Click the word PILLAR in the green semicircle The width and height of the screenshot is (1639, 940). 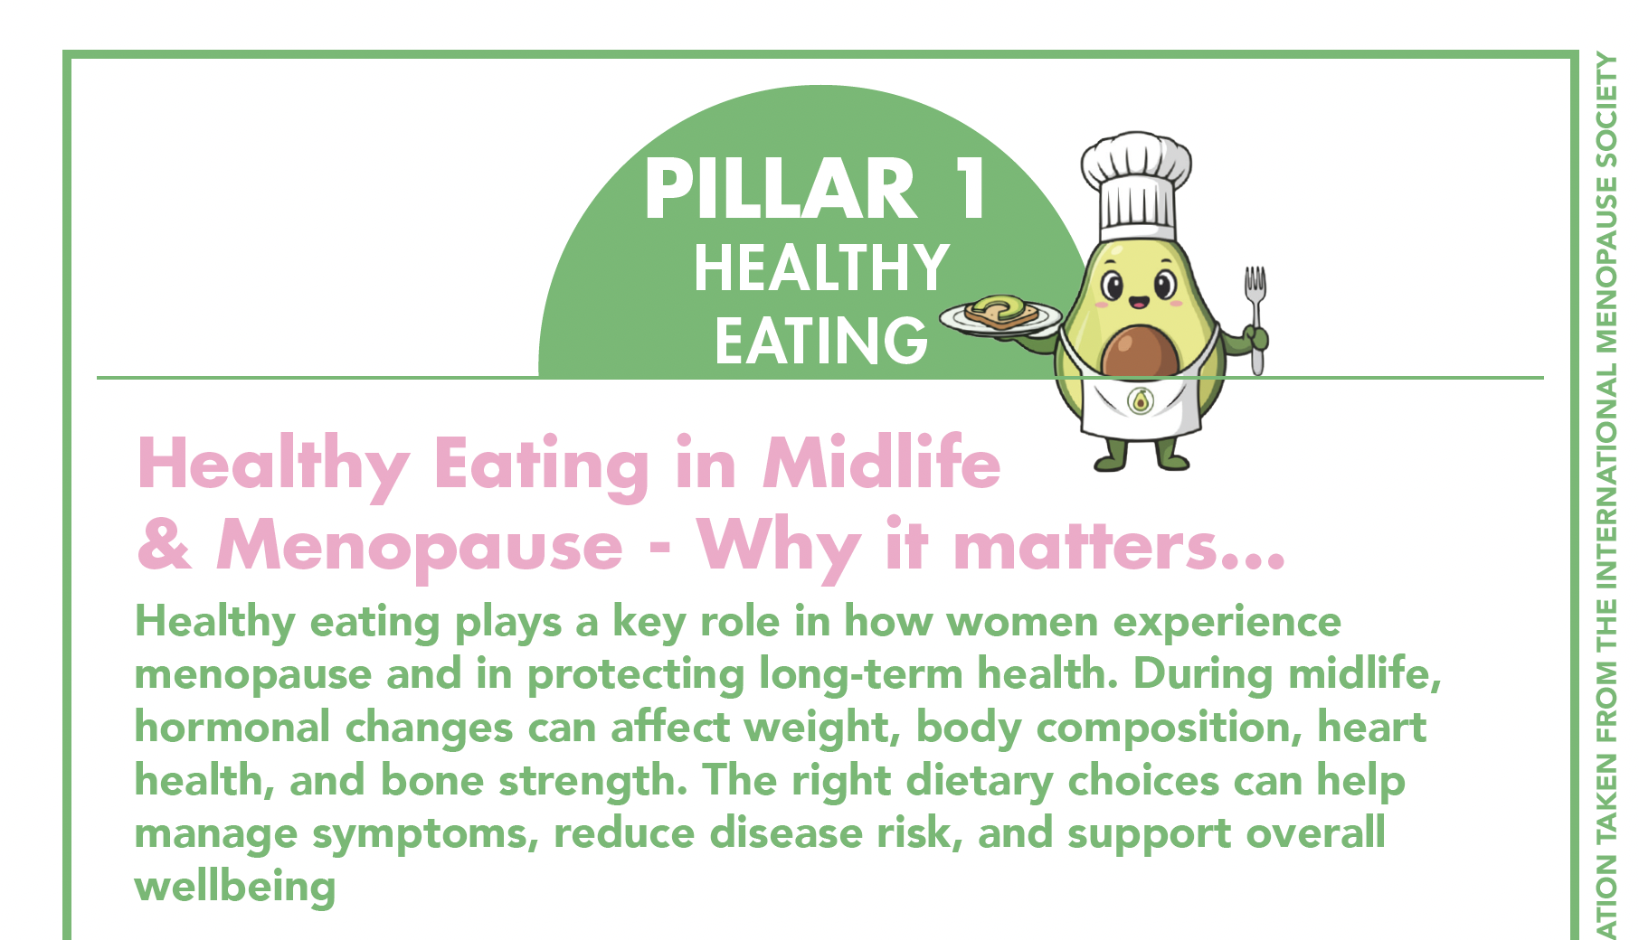tap(781, 190)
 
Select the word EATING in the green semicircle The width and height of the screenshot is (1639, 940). tap(821, 341)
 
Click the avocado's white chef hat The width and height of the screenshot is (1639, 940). tap(1136, 185)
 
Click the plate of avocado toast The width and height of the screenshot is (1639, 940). tap(1000, 317)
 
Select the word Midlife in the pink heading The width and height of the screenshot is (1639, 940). tap(882, 463)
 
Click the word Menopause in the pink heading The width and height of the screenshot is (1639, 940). tap(420, 547)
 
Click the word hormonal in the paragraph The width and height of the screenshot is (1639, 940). tap(232, 727)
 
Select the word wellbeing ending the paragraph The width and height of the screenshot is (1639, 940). tap(235, 887)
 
